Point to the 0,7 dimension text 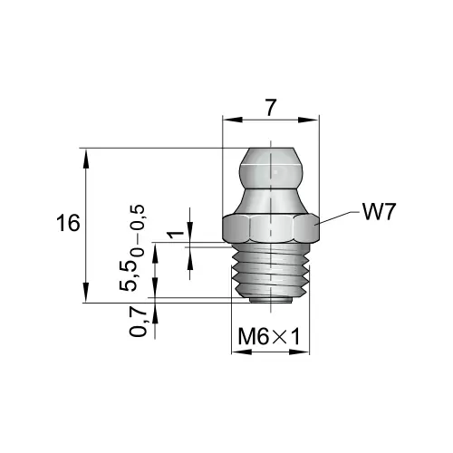click(140, 319)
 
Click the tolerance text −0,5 click(139, 220)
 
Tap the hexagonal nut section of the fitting click(271, 228)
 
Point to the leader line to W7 click(336, 217)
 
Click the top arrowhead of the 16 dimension click(85, 155)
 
